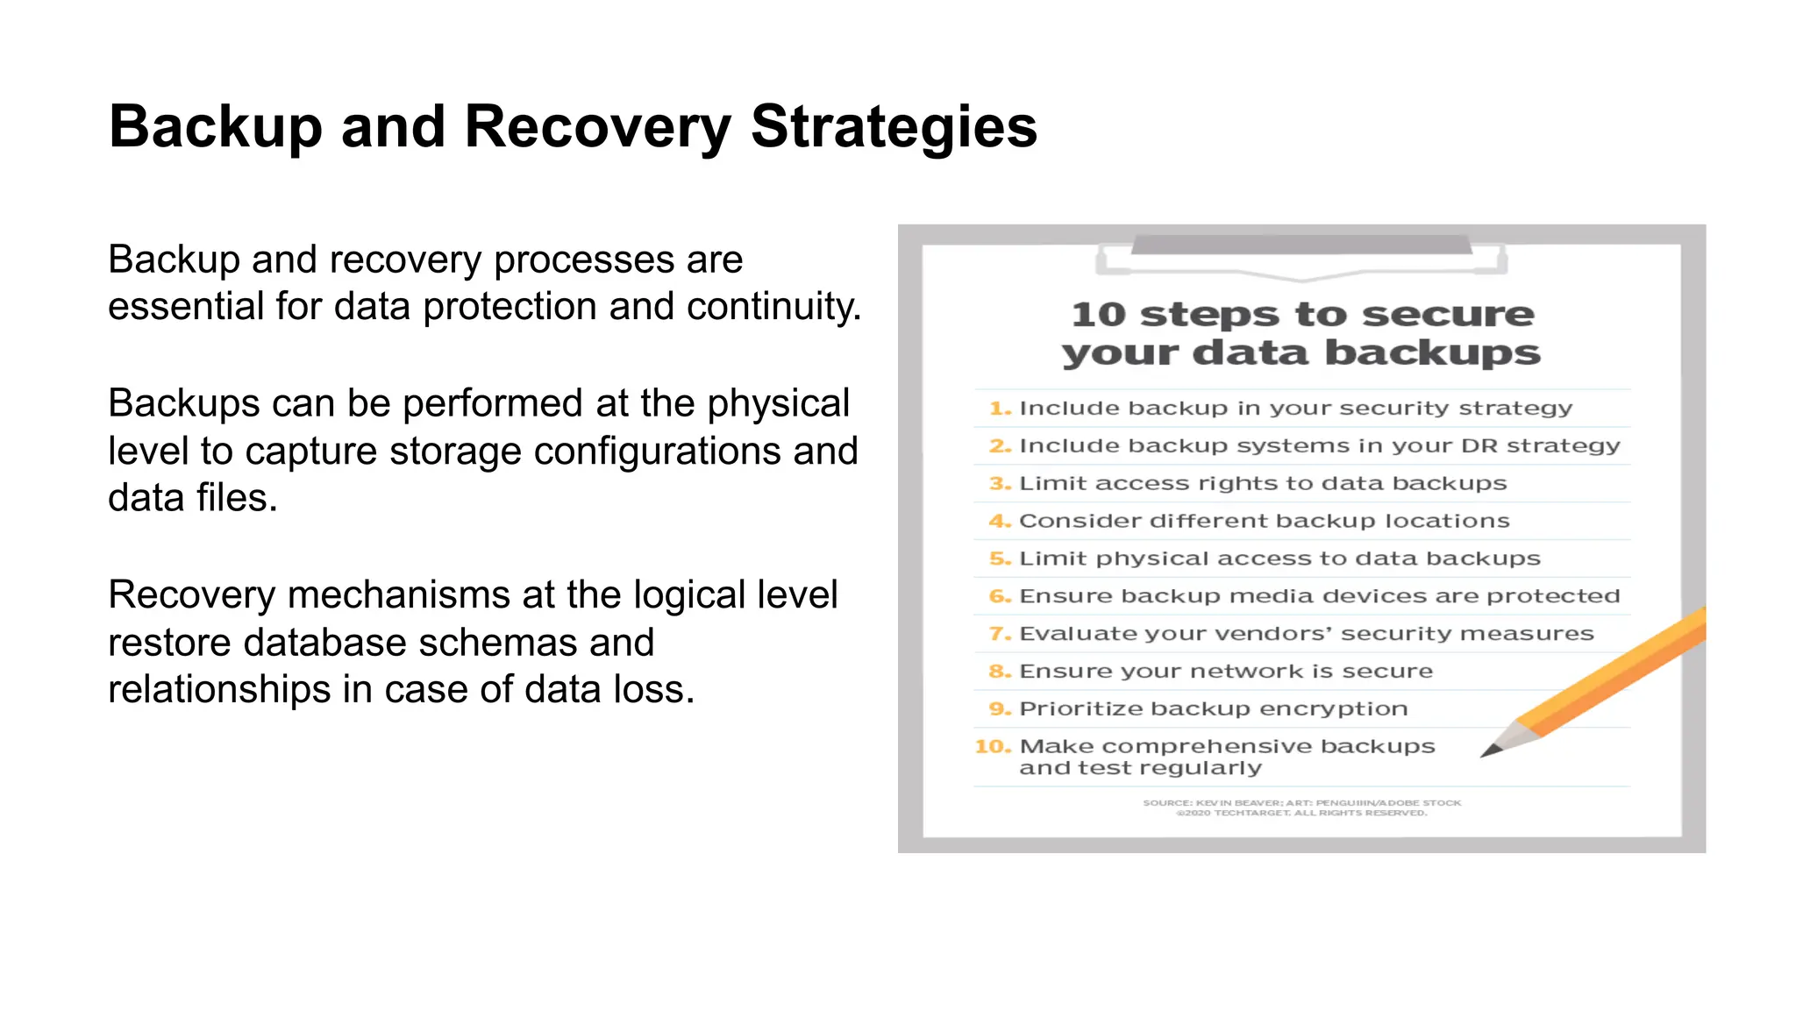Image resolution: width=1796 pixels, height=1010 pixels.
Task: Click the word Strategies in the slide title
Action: point(893,128)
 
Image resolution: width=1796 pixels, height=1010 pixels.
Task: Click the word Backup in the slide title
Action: point(216,128)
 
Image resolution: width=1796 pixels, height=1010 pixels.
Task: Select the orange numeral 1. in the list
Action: point(1000,409)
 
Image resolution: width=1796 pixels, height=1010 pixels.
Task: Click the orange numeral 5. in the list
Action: point(1000,558)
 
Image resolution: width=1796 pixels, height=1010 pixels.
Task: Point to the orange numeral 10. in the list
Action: point(993,747)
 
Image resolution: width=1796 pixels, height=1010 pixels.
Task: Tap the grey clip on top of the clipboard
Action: point(1301,245)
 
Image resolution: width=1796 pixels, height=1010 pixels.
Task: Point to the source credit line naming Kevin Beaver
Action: point(1301,803)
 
